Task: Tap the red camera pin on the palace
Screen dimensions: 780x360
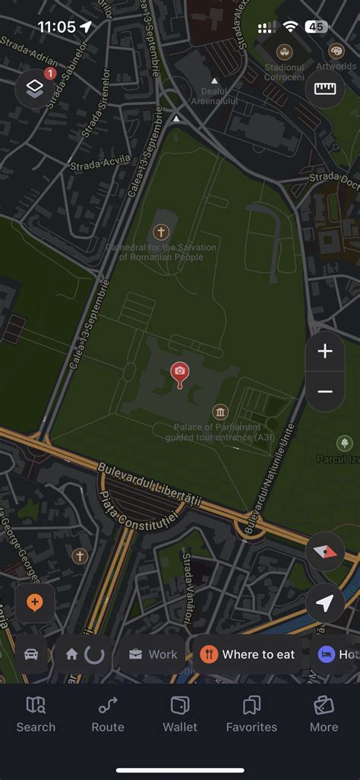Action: pos(179,371)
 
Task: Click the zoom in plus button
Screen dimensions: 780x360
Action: pos(325,352)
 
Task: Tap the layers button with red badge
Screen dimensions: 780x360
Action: pos(34,88)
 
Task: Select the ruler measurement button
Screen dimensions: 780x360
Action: pos(325,88)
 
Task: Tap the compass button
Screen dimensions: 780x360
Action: pos(325,551)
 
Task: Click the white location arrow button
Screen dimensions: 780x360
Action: pos(325,603)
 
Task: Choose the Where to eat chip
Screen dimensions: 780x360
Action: pos(248,654)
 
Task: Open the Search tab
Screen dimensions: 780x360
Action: pos(36,715)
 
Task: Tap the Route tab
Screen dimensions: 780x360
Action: pos(108,715)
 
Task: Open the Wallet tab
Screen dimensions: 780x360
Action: pos(180,715)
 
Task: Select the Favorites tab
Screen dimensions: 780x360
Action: pos(251,715)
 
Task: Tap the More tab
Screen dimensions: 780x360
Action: pos(324,715)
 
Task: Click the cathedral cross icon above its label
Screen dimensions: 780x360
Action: pos(160,232)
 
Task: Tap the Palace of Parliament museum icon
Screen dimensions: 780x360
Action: pos(220,412)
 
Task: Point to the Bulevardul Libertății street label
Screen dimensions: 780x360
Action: pos(159,488)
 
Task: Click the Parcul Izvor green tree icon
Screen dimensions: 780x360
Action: pos(345,443)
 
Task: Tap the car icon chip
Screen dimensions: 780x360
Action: pos(31,654)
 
